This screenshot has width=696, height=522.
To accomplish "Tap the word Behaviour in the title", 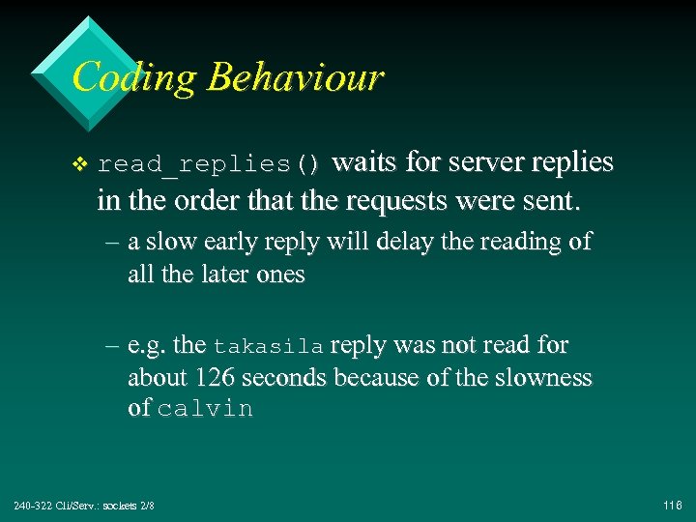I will tap(295, 77).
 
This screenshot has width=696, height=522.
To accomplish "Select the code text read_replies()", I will tap(209, 163).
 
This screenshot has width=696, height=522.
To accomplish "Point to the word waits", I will tap(364, 161).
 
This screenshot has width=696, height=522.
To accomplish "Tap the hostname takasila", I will tap(268, 346).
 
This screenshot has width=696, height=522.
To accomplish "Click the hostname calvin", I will tap(205, 409).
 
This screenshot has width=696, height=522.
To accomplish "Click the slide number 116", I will tap(673, 506).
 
